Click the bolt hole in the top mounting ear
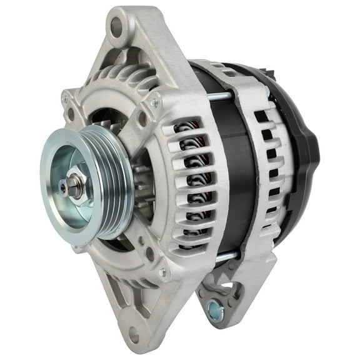tap(116, 25)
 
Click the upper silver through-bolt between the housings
tap(219, 96)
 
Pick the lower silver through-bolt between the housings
tap(226, 256)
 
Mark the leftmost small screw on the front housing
tap(66, 99)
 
